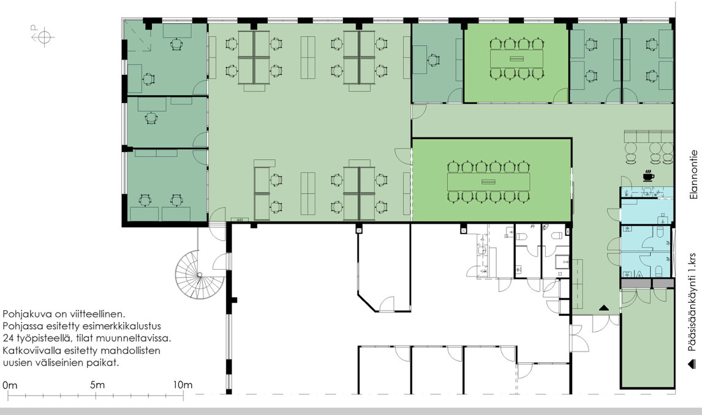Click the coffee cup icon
click(648, 176)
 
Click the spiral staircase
click(200, 275)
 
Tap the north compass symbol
click(43, 36)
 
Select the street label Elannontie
click(693, 175)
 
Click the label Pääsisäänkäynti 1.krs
click(692, 302)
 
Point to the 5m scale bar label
click(97, 384)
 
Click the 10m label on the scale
click(183, 384)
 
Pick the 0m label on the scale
click(10, 385)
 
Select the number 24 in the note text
click(8, 338)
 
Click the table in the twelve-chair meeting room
click(488, 181)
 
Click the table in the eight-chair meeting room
click(516, 59)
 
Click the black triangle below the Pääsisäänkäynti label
click(692, 364)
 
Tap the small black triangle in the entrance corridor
click(604, 308)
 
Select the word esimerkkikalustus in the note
click(123, 326)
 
